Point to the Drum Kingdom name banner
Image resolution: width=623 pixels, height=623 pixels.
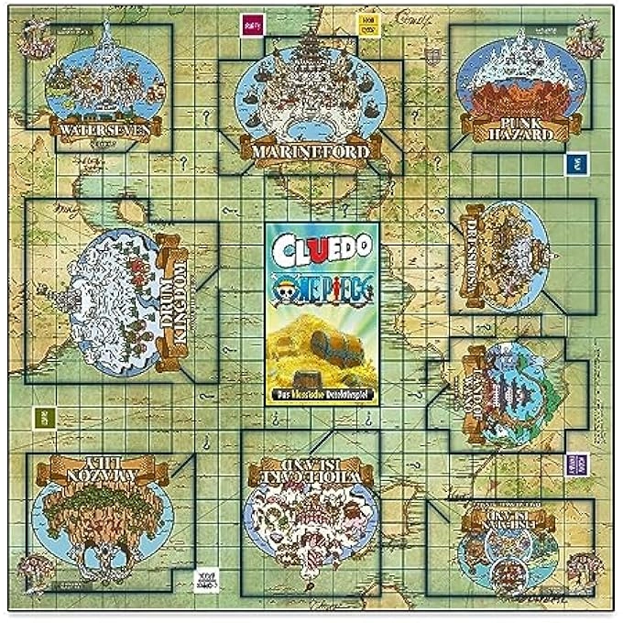pyautogui.click(x=173, y=303)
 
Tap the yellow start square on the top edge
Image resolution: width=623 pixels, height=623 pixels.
pyautogui.click(x=367, y=25)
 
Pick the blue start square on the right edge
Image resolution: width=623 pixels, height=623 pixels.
pyautogui.click(x=577, y=162)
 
